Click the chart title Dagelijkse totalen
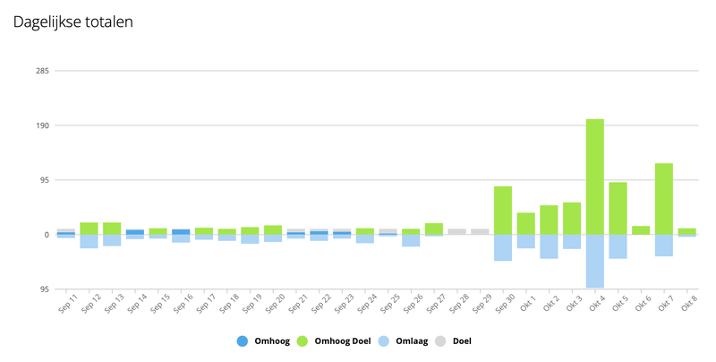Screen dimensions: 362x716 (73, 22)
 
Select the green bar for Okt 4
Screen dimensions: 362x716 (595, 177)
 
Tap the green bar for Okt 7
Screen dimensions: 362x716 (664, 198)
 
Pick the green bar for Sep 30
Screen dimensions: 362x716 (503, 211)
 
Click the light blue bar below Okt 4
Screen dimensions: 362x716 (595, 261)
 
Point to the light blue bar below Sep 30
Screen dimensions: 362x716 (503, 247)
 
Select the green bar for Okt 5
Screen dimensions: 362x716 (618, 208)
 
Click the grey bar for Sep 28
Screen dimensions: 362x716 (457, 231)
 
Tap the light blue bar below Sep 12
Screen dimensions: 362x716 (89, 241)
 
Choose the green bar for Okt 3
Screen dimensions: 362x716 (572, 219)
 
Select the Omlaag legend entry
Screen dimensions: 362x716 (406, 341)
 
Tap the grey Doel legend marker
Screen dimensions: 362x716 (445, 341)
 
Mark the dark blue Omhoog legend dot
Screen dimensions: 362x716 (243, 341)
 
